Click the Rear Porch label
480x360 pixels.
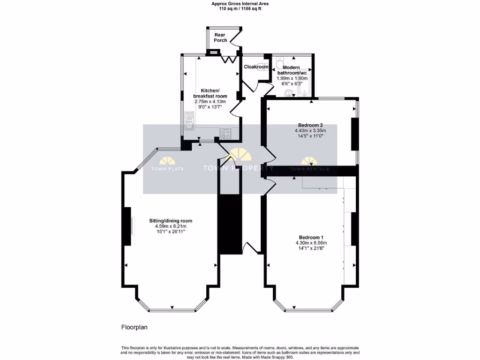(220, 37)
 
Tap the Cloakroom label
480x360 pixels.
(256, 67)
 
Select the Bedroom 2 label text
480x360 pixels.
(310, 125)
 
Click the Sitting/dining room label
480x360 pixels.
(171, 221)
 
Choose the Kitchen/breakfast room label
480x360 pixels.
(210, 93)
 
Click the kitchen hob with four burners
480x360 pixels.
(225, 134)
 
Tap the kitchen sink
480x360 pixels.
(189, 123)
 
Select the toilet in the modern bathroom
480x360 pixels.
(279, 63)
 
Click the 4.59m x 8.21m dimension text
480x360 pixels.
(171, 226)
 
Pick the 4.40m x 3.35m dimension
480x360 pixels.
(310, 130)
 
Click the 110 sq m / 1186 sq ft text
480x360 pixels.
(240, 8)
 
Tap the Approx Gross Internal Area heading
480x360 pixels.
(240, 3)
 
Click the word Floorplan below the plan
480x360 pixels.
(135, 327)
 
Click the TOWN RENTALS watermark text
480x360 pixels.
(309, 169)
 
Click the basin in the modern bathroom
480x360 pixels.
(290, 92)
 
